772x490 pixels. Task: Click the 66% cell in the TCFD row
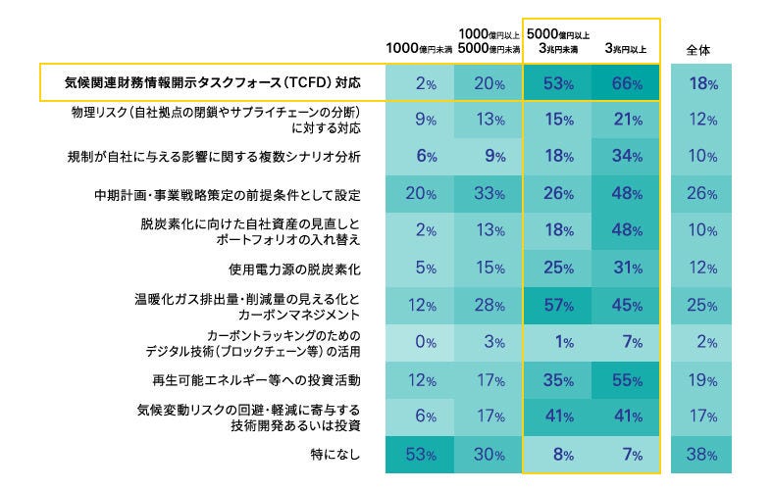[625, 84]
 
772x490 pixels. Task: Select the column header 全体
[703, 48]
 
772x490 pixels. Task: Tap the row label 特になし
[336, 455]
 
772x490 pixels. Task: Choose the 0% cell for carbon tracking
[424, 341]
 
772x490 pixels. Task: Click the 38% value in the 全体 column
[703, 455]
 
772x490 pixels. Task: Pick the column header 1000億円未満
[419, 48]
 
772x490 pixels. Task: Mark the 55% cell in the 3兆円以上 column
[625, 378]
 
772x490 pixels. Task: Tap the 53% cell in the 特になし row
[424, 455]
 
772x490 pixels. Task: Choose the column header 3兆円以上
[625, 48]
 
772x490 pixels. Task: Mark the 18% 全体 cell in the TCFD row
[703, 84]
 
